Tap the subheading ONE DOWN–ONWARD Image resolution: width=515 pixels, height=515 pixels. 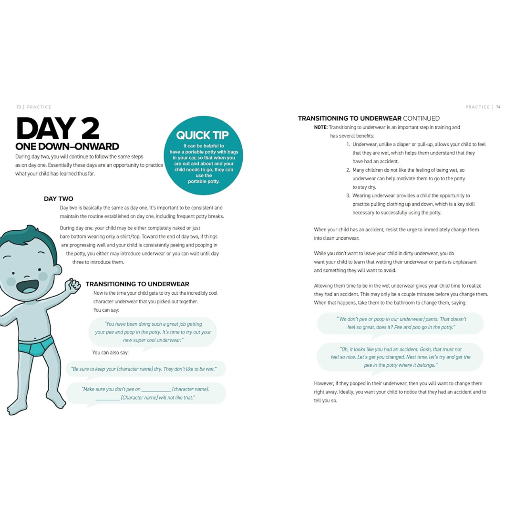pos(67,146)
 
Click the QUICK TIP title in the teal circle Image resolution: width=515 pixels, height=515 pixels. pos(202,135)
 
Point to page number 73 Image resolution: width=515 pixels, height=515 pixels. pos(19,107)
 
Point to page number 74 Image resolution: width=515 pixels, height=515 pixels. pos(498,107)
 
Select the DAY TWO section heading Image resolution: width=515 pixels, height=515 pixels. pos(58,198)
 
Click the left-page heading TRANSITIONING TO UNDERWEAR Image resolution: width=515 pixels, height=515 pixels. pos(137,284)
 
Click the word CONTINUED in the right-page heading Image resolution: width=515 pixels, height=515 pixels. pos(421,118)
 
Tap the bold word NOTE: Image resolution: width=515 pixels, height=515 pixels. pos(320,127)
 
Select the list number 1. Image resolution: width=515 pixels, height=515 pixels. pos(348,144)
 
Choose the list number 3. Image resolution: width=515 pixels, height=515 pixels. pos(348,196)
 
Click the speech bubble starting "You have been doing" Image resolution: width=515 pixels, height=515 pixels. pos(153,332)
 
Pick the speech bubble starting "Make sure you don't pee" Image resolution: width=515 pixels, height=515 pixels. pos(145,393)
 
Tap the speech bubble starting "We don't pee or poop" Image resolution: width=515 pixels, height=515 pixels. pos(401,323)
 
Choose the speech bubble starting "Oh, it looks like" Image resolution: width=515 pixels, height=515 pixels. pos(401,357)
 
